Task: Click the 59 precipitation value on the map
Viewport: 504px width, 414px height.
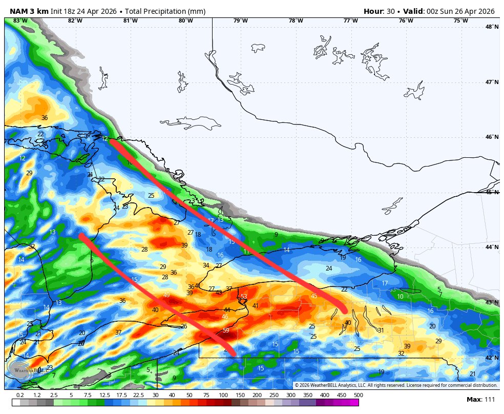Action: [226, 330]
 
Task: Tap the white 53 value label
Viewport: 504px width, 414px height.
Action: [244, 297]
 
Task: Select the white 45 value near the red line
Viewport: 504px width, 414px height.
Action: [314, 296]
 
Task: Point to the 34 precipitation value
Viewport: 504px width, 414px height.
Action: [206, 265]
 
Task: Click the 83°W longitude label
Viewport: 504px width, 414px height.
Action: [20, 20]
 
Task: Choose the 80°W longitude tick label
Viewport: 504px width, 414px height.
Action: [185, 20]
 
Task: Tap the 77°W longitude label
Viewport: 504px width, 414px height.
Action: [350, 20]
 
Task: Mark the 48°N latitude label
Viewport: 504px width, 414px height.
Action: [492, 27]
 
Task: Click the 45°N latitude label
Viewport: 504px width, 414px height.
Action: [492, 192]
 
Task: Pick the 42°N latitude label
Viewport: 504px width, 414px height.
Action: [492, 358]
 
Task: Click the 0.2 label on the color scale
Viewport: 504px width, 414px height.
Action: [20, 395]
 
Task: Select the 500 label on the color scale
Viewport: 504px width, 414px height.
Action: [359, 395]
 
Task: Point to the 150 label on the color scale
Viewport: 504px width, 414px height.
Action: [240, 395]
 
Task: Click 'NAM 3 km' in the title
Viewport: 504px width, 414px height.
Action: [29, 11]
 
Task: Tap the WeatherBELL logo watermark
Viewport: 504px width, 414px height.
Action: [19, 369]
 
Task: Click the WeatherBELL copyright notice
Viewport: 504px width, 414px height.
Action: [396, 385]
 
